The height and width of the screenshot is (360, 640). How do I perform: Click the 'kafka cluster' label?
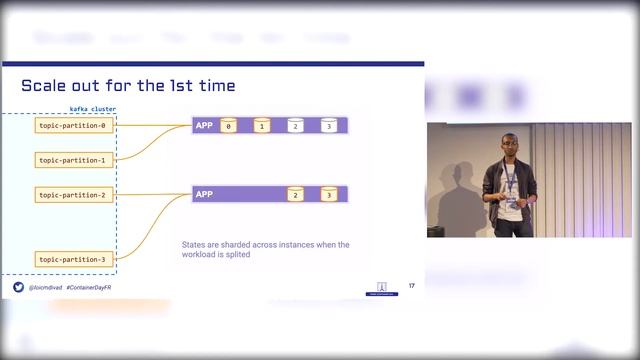click(x=92, y=109)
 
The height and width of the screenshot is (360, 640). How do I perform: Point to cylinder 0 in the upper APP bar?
click(x=229, y=126)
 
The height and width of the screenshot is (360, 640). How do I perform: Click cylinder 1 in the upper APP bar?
click(x=262, y=126)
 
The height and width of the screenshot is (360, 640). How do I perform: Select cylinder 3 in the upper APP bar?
click(x=328, y=126)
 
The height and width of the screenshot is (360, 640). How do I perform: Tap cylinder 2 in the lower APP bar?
click(x=295, y=194)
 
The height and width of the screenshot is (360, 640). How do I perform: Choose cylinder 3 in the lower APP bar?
click(x=328, y=194)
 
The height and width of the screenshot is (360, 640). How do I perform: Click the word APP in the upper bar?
click(x=204, y=126)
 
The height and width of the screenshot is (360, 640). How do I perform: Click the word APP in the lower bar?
click(x=204, y=194)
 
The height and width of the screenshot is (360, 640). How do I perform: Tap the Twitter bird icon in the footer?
click(x=18, y=287)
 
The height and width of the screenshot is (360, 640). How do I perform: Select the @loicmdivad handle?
click(x=46, y=287)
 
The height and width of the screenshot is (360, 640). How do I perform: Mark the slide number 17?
click(x=411, y=286)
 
